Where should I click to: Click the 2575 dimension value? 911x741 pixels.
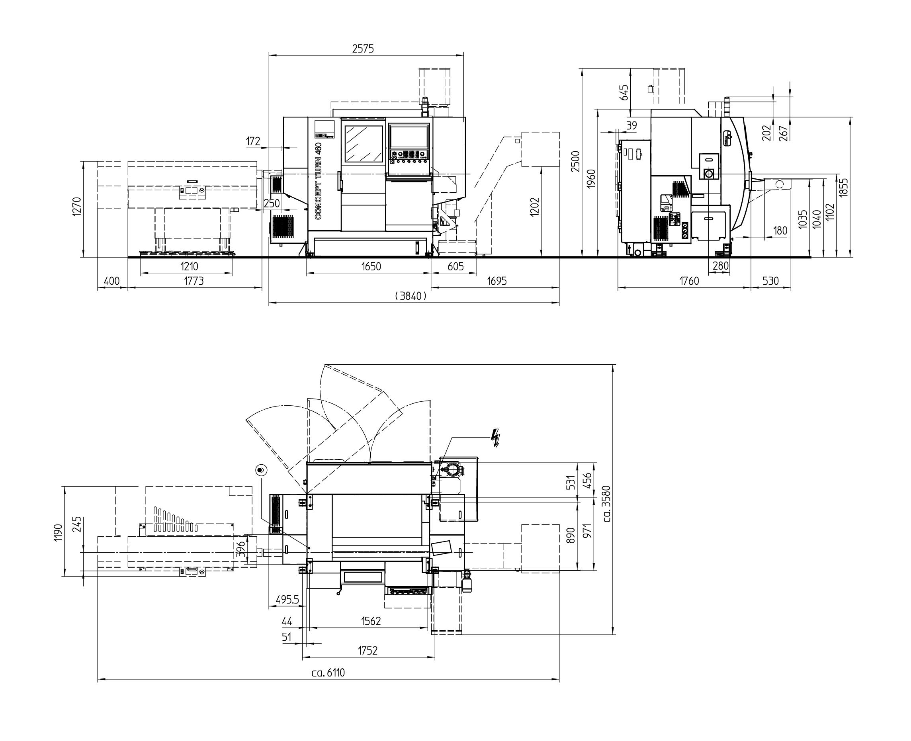pyautogui.click(x=363, y=49)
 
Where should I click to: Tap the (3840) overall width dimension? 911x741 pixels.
pyautogui.click(x=411, y=296)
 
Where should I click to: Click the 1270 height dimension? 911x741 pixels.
pyautogui.click(x=76, y=207)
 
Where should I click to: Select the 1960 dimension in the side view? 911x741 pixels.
pyautogui.click(x=591, y=179)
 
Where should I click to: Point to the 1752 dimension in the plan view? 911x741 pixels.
pyautogui.click(x=368, y=650)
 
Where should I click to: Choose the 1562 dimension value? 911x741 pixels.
pyautogui.click(x=371, y=621)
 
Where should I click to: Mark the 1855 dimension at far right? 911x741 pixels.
pyautogui.click(x=843, y=187)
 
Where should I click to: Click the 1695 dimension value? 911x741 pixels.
pyautogui.click(x=497, y=281)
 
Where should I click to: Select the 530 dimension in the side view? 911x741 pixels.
pyautogui.click(x=770, y=281)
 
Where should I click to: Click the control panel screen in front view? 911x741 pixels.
pyautogui.click(x=409, y=136)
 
